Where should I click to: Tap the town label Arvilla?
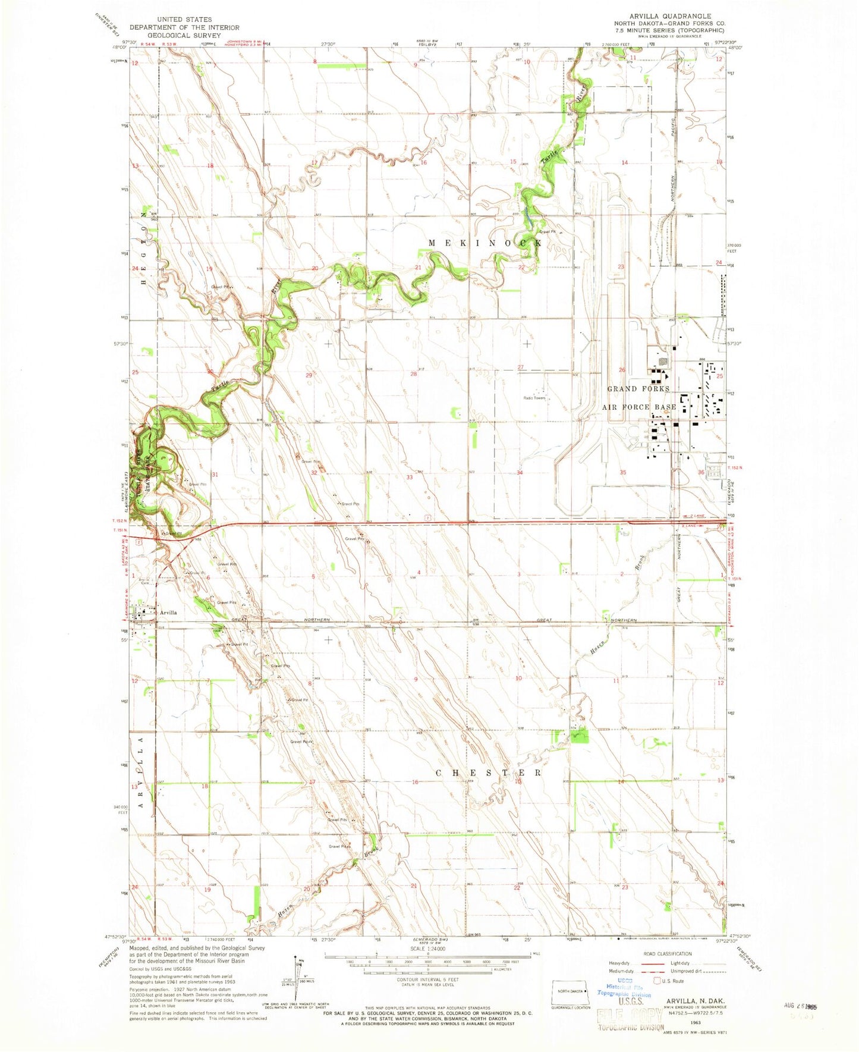point(168,612)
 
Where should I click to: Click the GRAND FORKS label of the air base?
point(638,388)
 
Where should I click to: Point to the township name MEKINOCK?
point(485,243)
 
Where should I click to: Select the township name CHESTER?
point(489,772)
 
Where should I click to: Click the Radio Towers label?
point(534,398)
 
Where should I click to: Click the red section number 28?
point(414,374)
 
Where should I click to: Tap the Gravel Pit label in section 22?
point(547,231)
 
